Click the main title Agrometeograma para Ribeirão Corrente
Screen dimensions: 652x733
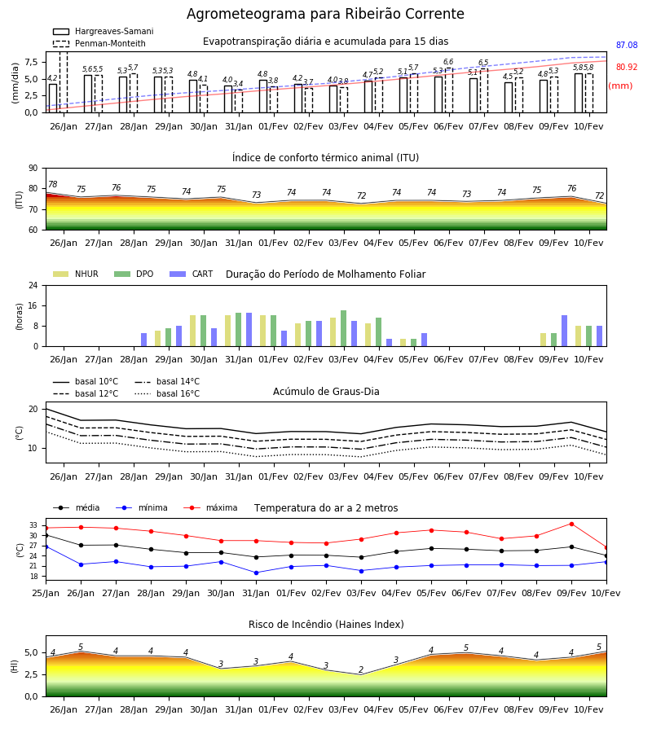[325, 14]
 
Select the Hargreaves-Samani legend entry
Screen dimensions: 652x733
[104, 31]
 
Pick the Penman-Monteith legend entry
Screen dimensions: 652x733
[99, 43]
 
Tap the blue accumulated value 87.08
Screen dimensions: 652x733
[627, 45]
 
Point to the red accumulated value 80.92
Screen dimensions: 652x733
[627, 67]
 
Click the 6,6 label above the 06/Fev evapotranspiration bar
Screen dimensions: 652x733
[448, 62]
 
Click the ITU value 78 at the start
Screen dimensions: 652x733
[53, 184]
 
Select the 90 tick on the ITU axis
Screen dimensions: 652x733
[33, 169]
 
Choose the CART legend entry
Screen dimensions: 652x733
[192, 274]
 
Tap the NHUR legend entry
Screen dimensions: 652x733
[76, 274]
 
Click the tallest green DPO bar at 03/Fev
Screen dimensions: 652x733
[344, 328]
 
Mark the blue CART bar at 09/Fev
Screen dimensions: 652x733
[565, 331]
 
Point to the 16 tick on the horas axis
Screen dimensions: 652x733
[33, 305]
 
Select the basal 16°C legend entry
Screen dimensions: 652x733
[167, 393]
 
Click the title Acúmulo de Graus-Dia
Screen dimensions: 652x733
[326, 392]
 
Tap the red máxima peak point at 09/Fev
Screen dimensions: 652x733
[571, 524]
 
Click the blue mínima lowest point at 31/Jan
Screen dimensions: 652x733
[256, 573]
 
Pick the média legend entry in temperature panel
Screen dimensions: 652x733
[77, 507]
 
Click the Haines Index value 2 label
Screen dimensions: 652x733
[361, 669]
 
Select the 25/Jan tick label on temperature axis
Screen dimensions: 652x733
[46, 593]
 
